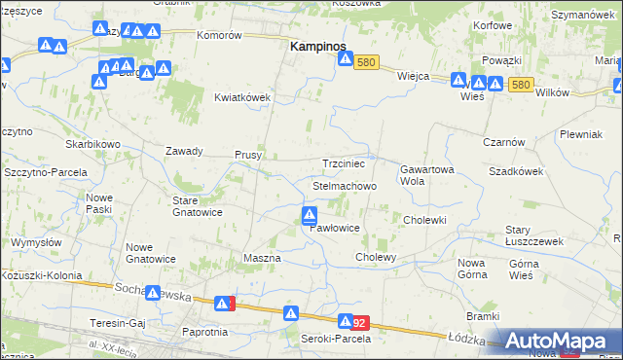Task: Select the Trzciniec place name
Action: point(344,164)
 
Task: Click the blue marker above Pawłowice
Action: point(310,214)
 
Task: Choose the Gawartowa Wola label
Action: point(426,174)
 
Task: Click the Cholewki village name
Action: point(424,220)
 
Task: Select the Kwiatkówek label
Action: point(242,97)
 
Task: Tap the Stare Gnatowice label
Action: point(198,205)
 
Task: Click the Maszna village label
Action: point(261,258)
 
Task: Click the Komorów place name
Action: point(219,35)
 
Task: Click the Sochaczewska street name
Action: point(152,290)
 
